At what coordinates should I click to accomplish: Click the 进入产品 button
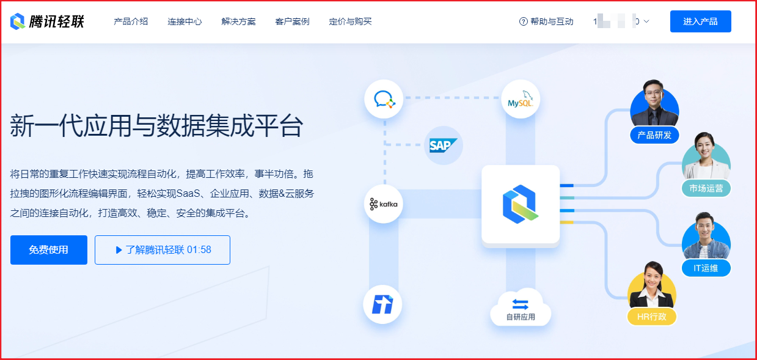click(x=700, y=21)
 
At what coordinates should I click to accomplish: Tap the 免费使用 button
click(x=49, y=250)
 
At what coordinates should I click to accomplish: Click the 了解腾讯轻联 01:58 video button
click(x=163, y=250)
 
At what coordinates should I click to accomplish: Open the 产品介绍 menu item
click(x=131, y=21)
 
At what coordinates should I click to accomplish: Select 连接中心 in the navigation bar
click(x=185, y=21)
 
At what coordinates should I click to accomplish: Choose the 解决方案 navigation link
click(x=238, y=21)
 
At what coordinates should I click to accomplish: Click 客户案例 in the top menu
click(x=292, y=21)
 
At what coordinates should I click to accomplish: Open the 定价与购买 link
click(x=350, y=21)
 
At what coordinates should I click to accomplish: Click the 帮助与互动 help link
click(x=546, y=21)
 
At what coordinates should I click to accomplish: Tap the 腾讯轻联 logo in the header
click(x=47, y=21)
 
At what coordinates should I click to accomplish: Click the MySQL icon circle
click(x=521, y=99)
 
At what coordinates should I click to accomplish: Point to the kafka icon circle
click(x=384, y=204)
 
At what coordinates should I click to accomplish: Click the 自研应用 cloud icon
click(x=521, y=308)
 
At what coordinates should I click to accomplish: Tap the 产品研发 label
click(x=654, y=135)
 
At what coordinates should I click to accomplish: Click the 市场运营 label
click(x=706, y=188)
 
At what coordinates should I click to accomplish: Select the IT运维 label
click(x=706, y=268)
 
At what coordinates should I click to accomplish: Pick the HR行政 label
click(x=651, y=317)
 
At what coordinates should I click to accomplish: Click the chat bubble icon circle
click(x=384, y=99)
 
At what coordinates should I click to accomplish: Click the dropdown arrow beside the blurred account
click(x=646, y=21)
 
